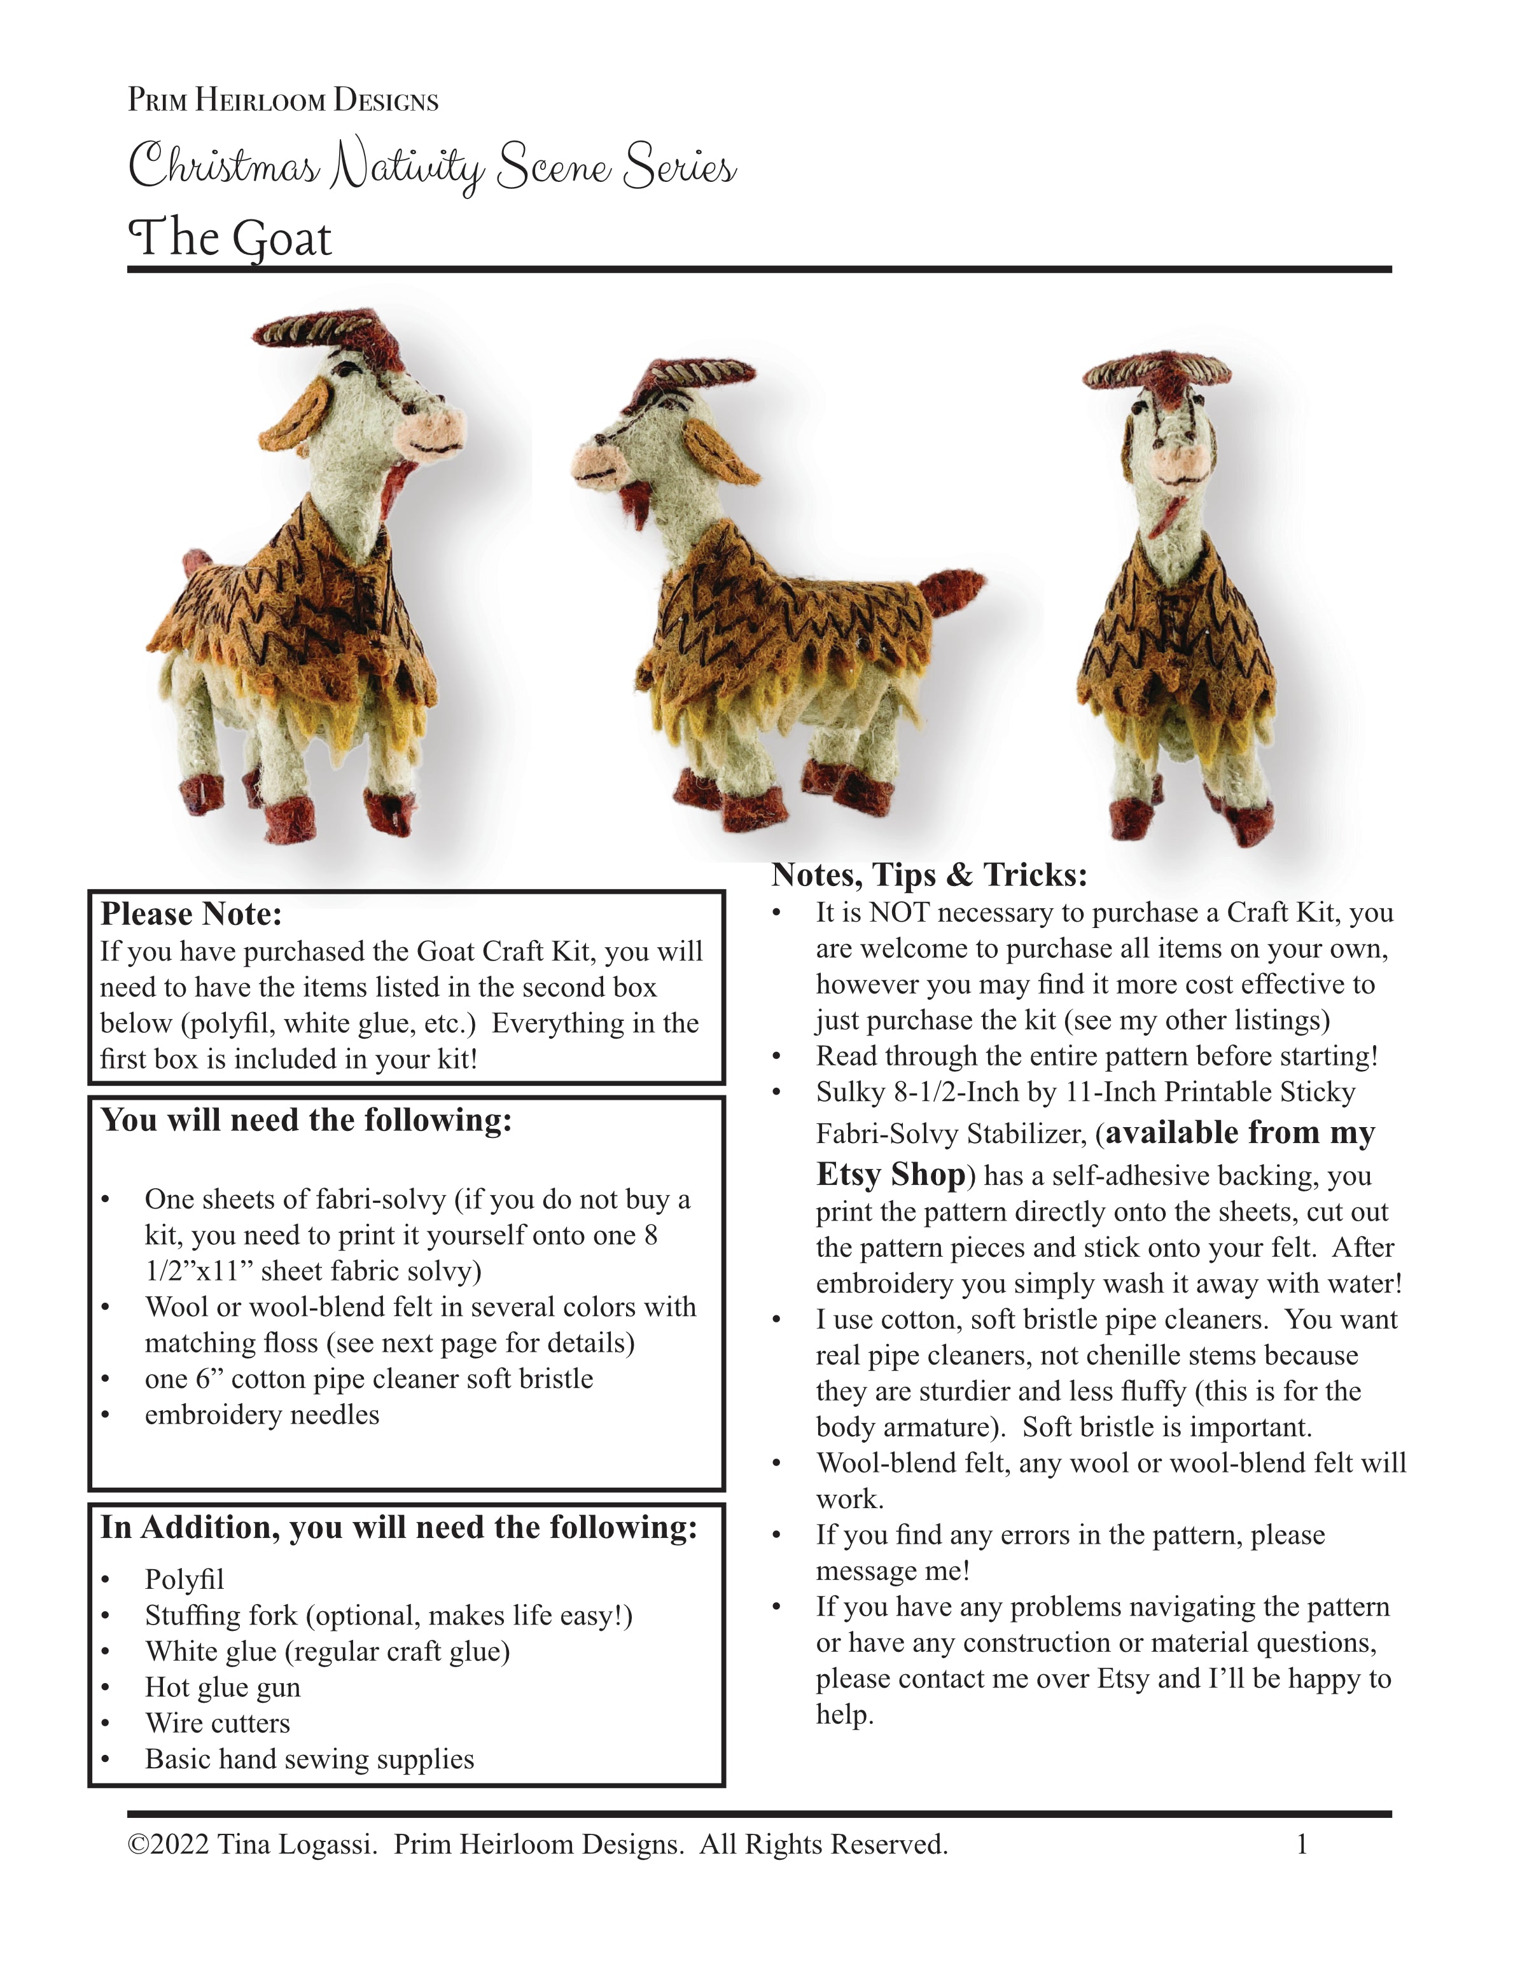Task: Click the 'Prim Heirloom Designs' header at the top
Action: tap(283, 99)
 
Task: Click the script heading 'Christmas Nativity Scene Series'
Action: tap(433, 167)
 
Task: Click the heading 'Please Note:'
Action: tap(191, 914)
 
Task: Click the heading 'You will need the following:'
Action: tap(306, 1120)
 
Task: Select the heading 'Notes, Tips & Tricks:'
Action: tap(929, 875)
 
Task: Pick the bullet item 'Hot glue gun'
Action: tap(223, 1687)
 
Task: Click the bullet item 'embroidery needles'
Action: tap(261, 1415)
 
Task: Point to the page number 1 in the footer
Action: tap(1302, 1845)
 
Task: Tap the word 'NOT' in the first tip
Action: tap(900, 913)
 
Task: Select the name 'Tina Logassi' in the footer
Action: tap(295, 1845)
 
